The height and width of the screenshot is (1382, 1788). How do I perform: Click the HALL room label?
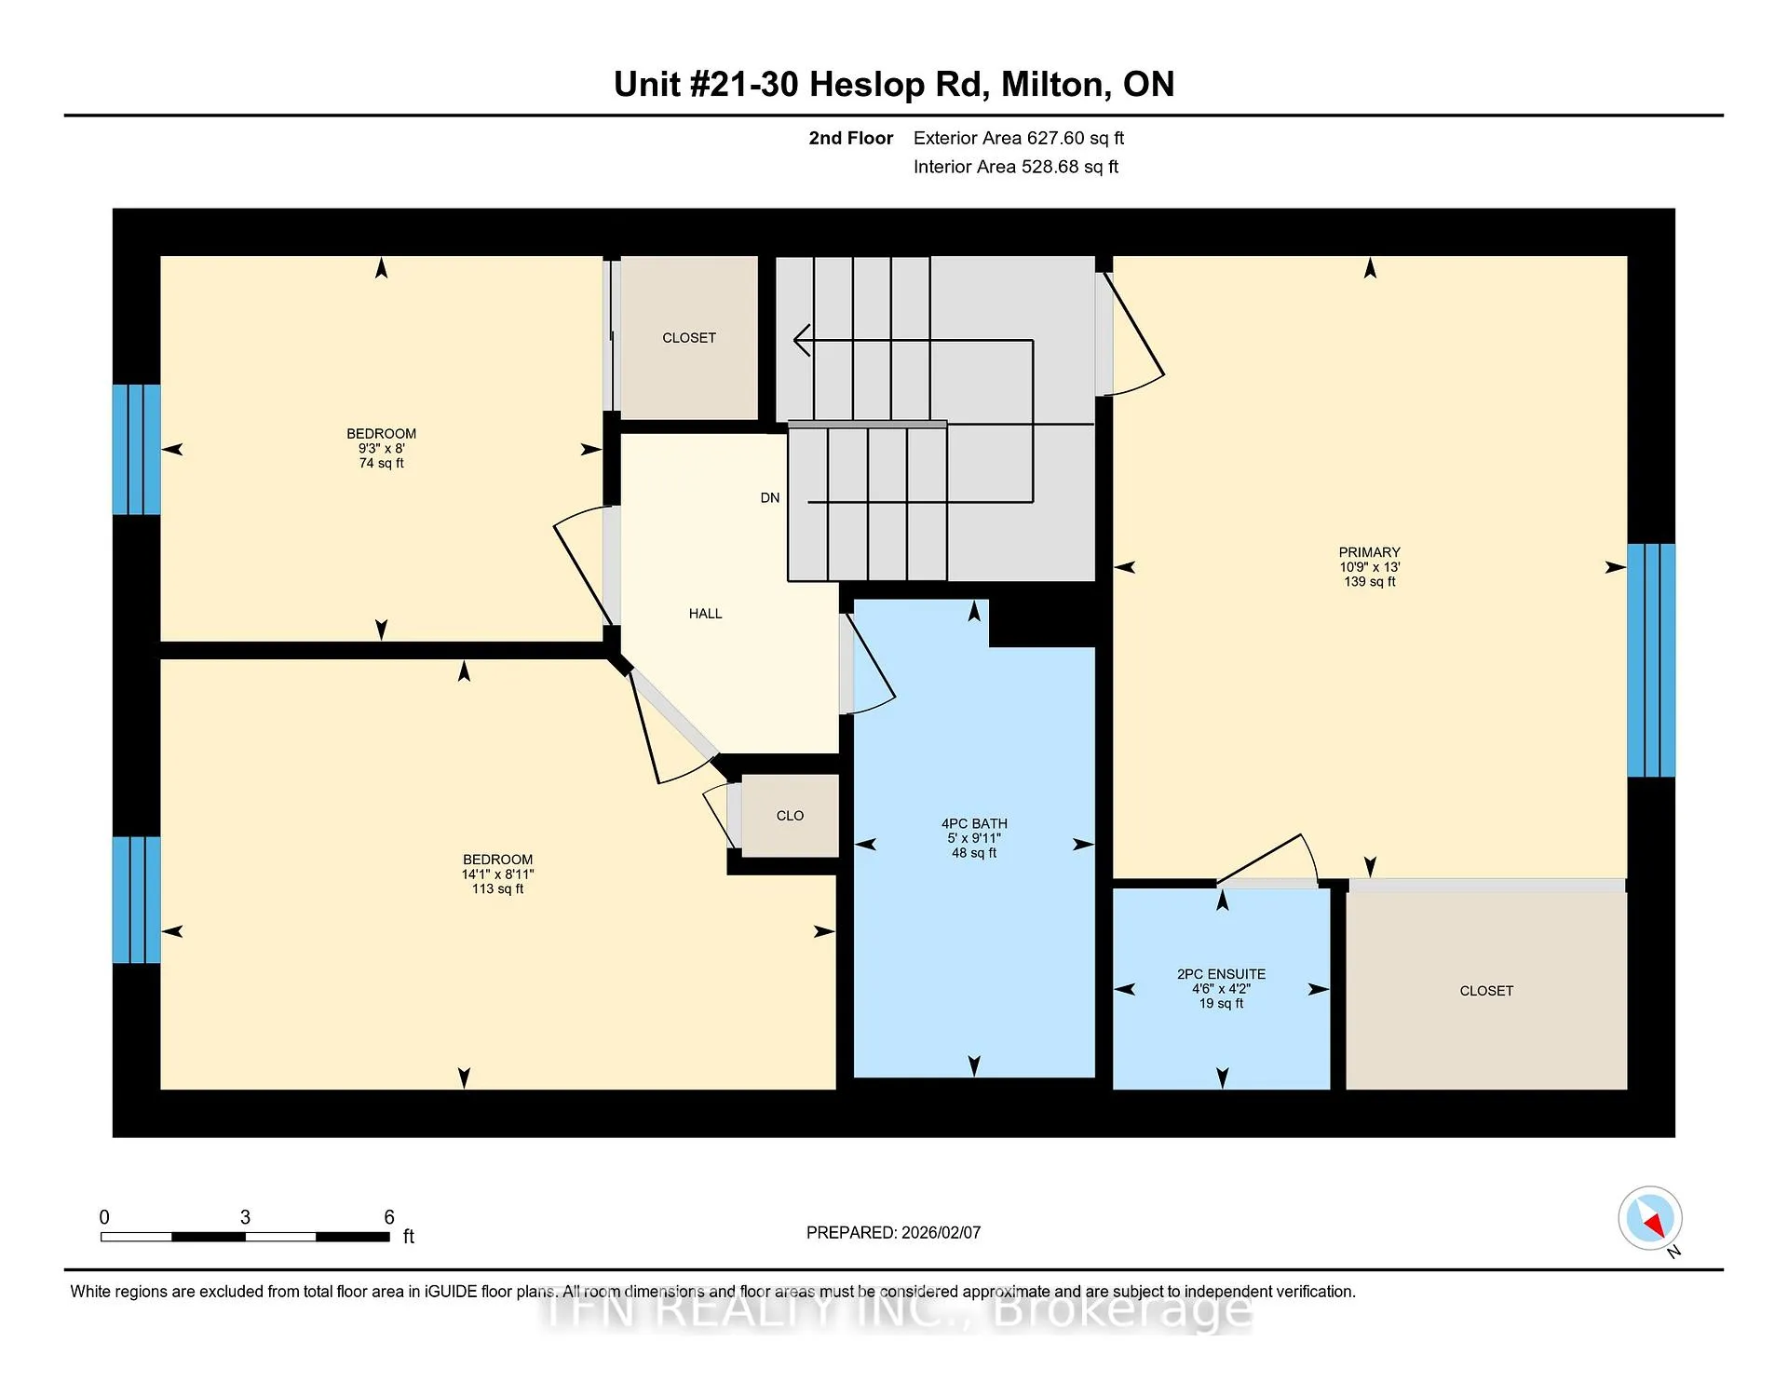(x=705, y=614)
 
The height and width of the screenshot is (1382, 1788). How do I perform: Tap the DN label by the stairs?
(x=770, y=498)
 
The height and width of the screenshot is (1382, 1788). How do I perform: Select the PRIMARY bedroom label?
(x=1369, y=552)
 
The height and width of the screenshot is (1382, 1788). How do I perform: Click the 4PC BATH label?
(x=974, y=824)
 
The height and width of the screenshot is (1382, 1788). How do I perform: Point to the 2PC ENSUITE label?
(x=1221, y=974)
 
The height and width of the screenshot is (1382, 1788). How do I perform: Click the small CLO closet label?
(x=790, y=816)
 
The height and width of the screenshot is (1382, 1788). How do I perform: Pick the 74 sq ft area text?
(x=381, y=463)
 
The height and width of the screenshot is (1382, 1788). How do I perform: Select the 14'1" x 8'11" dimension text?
(x=497, y=874)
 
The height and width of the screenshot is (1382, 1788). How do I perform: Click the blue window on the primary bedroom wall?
(x=1651, y=660)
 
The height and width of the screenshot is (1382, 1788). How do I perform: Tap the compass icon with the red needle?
(x=1650, y=1218)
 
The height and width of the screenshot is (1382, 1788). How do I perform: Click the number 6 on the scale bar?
(x=389, y=1217)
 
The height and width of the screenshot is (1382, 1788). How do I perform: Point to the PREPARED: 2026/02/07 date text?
(x=893, y=1232)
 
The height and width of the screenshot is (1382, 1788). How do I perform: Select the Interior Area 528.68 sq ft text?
(x=1016, y=167)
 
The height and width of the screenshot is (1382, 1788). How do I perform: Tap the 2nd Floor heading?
(x=850, y=138)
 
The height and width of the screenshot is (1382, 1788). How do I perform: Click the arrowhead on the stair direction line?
(x=801, y=340)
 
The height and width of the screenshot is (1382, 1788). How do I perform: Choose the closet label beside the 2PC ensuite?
(x=1486, y=991)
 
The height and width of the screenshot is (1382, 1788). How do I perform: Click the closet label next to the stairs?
(x=689, y=338)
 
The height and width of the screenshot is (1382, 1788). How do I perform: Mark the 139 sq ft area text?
(x=1369, y=582)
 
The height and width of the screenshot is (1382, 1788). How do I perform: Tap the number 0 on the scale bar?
(x=104, y=1217)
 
